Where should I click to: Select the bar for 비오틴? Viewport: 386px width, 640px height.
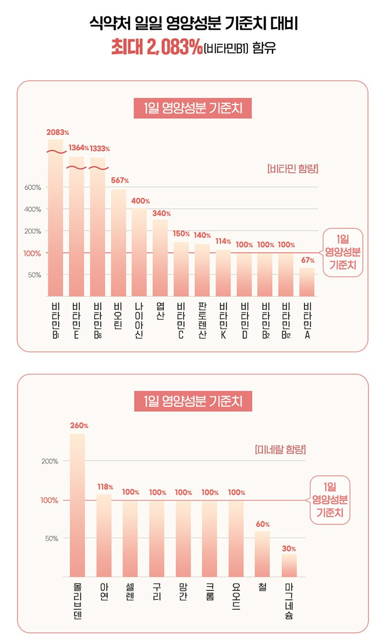click(x=119, y=243)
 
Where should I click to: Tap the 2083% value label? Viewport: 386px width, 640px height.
click(x=57, y=133)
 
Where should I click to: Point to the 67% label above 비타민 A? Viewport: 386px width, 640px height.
click(x=307, y=260)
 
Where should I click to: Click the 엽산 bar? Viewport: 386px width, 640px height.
click(x=160, y=257)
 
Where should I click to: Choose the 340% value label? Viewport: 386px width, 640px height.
click(x=161, y=213)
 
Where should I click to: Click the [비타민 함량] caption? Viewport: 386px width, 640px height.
click(x=292, y=169)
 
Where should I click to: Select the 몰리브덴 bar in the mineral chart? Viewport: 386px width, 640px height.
click(x=77, y=505)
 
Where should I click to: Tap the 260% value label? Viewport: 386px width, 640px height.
click(x=79, y=425)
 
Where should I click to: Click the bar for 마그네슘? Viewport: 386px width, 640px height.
click(x=289, y=565)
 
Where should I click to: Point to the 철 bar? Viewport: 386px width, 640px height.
click(x=262, y=553)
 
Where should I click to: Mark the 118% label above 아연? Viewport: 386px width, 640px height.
click(x=105, y=487)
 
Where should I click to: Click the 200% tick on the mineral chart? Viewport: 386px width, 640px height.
click(x=49, y=461)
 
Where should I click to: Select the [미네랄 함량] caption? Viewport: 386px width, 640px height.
click(x=280, y=450)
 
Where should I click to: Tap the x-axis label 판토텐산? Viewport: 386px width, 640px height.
click(x=201, y=319)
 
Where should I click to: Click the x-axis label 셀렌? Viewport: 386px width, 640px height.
click(x=130, y=592)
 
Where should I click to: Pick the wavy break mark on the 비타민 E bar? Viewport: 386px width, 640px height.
click(x=76, y=168)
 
